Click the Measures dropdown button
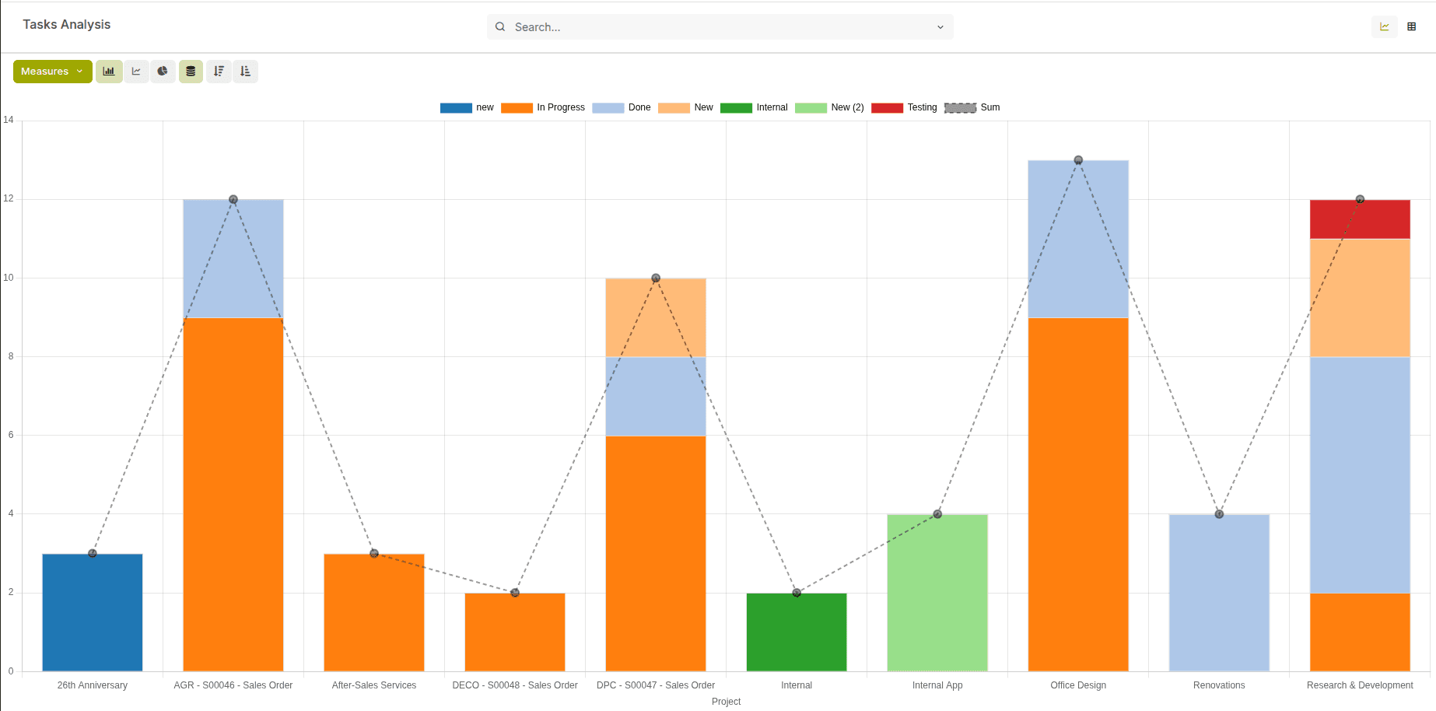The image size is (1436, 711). coord(52,72)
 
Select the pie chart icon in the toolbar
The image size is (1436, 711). coord(163,72)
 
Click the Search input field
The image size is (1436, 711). coord(720,27)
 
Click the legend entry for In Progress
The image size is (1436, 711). coord(543,107)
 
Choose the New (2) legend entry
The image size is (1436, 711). coord(829,107)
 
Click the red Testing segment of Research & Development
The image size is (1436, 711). coord(1360,219)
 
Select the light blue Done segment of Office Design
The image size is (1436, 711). coord(1078,239)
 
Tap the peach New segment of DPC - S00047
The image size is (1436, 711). coord(656,317)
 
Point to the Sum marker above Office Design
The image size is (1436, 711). coord(1078,160)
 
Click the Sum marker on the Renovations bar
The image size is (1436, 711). coord(1219,514)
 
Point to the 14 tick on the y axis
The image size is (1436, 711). coord(9,120)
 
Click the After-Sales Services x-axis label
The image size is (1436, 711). coord(374,685)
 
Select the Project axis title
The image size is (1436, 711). coord(726,702)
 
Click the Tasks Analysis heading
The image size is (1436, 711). coord(67,25)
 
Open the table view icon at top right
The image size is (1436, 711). coord(1411,26)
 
